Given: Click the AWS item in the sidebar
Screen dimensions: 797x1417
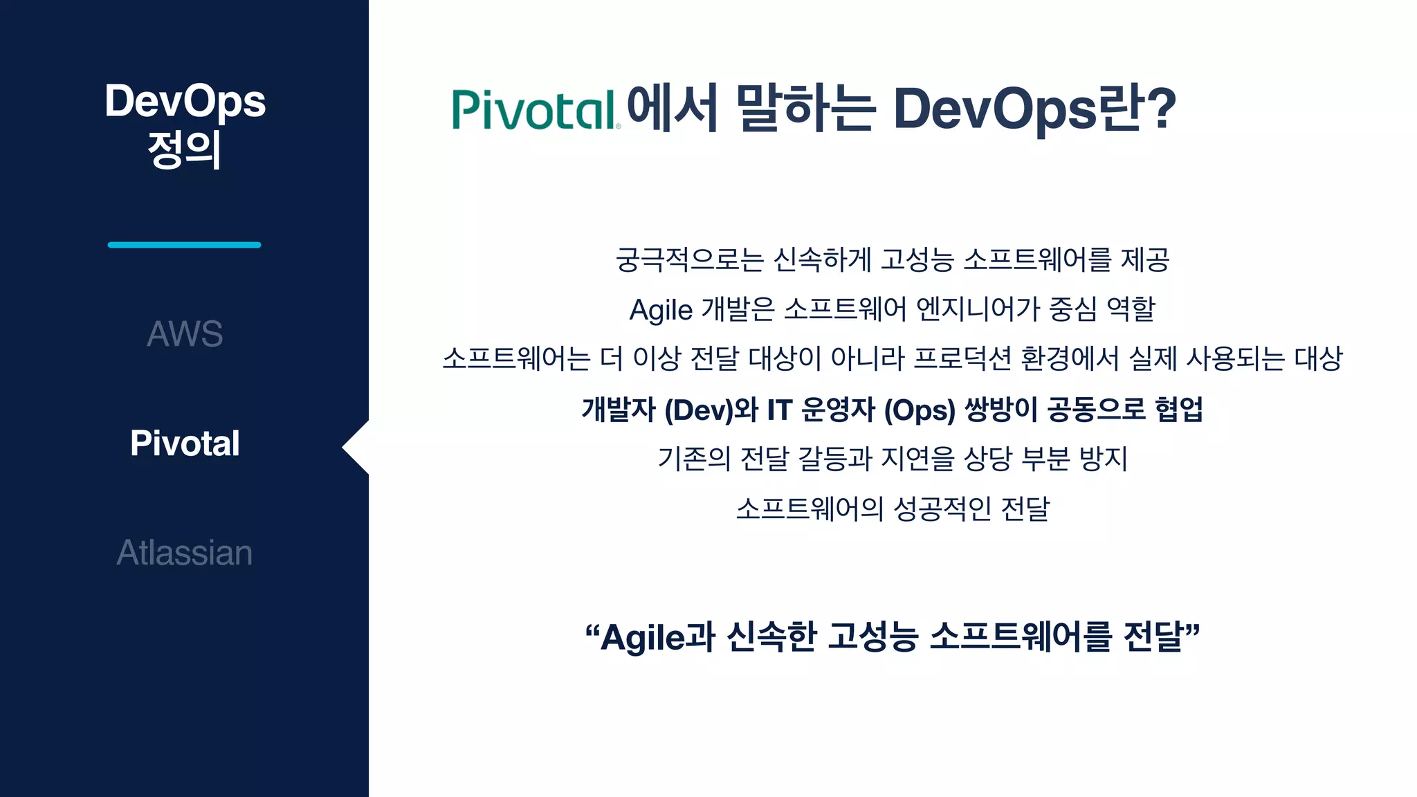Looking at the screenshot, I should (185, 334).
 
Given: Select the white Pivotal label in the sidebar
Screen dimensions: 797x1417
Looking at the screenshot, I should (185, 443).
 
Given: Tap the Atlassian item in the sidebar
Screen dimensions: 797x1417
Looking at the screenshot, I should (185, 553).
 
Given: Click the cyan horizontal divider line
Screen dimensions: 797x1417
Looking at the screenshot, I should (184, 245).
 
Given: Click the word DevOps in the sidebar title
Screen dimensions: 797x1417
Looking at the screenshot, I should (185, 102).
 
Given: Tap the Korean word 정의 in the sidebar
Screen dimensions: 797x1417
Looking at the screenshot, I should (184, 149).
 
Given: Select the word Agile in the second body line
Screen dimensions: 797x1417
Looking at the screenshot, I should (660, 310).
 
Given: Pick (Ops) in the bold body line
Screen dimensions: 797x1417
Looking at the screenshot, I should (920, 410).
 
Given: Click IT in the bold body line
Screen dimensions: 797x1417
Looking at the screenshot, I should (779, 410).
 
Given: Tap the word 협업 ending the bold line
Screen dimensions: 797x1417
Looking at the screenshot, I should (1179, 410).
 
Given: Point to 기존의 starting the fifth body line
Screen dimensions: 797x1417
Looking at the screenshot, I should (693, 459).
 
